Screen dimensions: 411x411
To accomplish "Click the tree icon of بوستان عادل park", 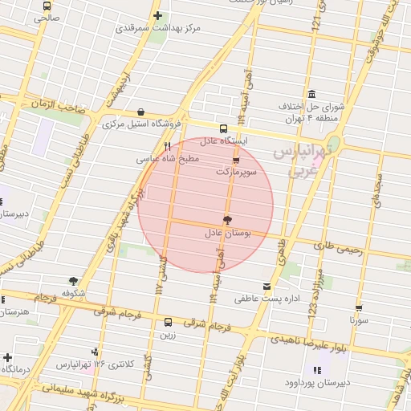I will tap(227, 220).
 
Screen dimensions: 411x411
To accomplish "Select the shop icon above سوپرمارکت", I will tap(235, 161).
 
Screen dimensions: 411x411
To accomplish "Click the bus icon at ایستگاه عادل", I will tap(223, 128).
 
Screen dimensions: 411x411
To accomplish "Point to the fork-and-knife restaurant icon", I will tap(167, 147).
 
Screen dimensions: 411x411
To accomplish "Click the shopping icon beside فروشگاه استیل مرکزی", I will tap(141, 112).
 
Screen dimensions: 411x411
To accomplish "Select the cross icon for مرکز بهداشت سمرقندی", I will tap(157, 15).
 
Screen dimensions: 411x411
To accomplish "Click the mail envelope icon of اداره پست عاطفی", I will tap(267, 287).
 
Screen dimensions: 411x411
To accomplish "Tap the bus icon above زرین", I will tap(168, 322).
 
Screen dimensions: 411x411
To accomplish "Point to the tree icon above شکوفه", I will tap(74, 281).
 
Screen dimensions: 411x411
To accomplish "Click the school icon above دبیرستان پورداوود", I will tap(317, 370).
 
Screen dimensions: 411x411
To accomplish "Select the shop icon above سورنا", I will tap(359, 307).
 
